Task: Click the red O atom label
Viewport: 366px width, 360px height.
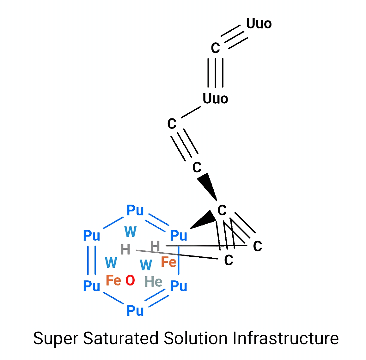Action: tap(130, 280)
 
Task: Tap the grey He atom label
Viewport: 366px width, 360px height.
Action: tap(153, 281)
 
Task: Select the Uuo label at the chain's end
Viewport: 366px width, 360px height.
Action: tap(259, 23)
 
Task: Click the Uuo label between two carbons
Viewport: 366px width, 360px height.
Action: tap(215, 99)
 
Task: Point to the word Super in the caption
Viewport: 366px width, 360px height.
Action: tap(56, 339)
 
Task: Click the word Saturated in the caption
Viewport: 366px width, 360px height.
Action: tap(121, 338)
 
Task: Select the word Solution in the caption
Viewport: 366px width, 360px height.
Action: tap(195, 338)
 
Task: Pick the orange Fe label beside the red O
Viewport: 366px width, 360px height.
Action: tap(113, 280)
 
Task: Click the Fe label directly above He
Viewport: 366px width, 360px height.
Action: tap(168, 262)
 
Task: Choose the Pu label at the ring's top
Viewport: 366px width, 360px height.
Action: tap(135, 210)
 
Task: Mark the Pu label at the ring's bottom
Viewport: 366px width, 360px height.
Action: tap(135, 310)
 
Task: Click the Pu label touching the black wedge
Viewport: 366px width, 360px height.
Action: tap(179, 235)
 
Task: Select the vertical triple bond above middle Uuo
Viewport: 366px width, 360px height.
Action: tap(216, 73)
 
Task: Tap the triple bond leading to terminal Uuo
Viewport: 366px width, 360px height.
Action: tap(234, 37)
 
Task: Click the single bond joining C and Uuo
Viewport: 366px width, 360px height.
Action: tap(191, 112)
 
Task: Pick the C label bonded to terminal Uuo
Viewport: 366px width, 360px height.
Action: tap(215, 48)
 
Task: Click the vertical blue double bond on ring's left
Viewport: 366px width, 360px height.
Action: tap(92, 260)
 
